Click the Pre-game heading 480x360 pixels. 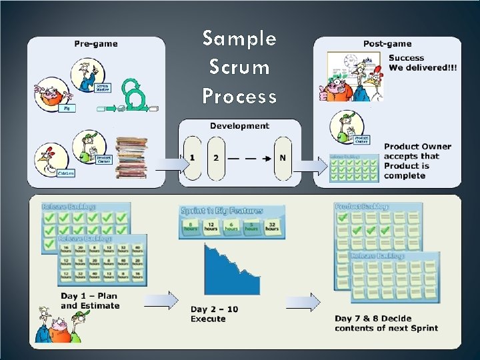(x=96, y=44)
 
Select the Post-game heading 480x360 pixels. (x=386, y=44)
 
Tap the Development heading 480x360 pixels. (x=239, y=125)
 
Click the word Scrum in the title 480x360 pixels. (x=239, y=67)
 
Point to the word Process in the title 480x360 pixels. (x=239, y=97)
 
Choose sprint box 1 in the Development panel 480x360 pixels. (x=192, y=158)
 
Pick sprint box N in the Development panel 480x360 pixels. (x=283, y=158)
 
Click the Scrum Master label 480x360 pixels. (x=103, y=88)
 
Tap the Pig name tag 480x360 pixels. (x=67, y=107)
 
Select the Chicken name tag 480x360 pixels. (x=65, y=173)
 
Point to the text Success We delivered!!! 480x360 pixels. (x=423, y=63)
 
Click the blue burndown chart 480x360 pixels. (x=231, y=270)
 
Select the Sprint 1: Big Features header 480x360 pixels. (x=222, y=211)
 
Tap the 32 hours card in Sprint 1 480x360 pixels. (x=272, y=227)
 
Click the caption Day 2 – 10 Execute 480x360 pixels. (x=214, y=314)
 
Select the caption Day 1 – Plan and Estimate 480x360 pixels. (x=90, y=301)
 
